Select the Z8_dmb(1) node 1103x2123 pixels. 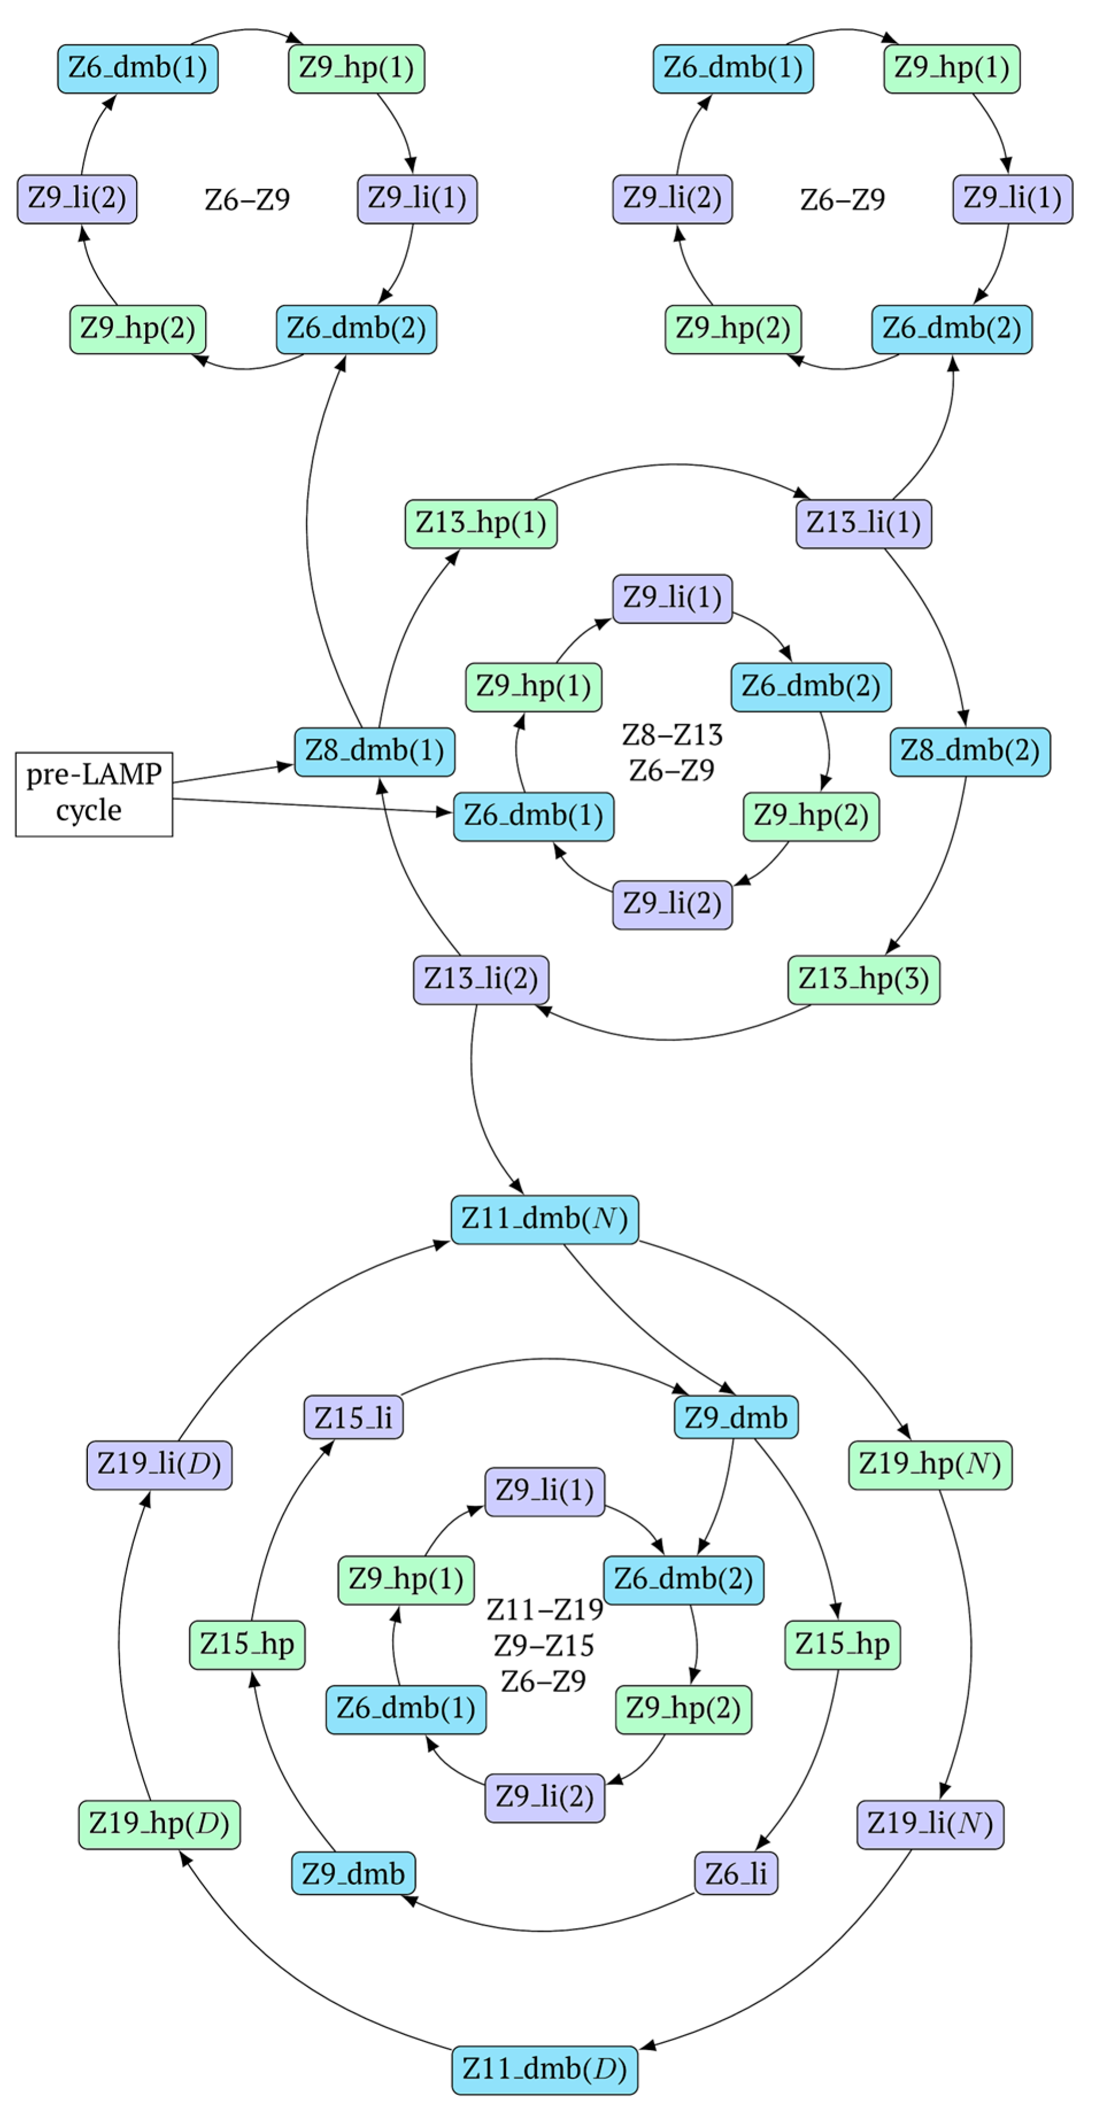point(374,751)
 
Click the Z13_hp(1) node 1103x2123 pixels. point(481,522)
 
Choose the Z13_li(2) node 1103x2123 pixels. point(481,979)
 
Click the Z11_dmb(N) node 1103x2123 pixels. point(544,1219)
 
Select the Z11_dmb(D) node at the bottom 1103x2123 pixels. point(544,2068)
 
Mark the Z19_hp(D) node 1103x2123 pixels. point(159,1824)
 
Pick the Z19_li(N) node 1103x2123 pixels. point(929,1824)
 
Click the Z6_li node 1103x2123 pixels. point(736,1874)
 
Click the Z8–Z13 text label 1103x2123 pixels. point(671,734)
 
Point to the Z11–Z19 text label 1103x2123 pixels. point(544,1609)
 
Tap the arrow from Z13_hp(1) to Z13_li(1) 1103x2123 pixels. point(672,465)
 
